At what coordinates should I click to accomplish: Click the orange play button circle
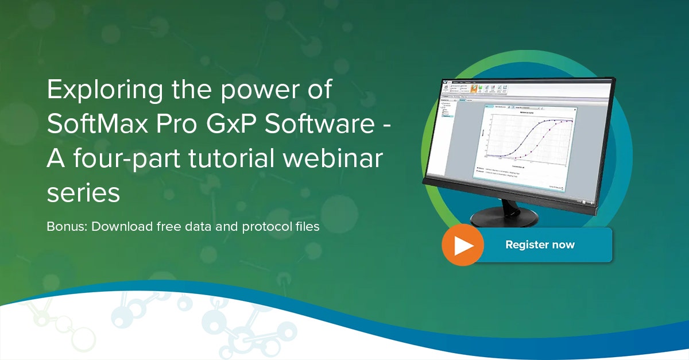click(462, 245)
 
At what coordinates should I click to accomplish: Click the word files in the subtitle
click(306, 226)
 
